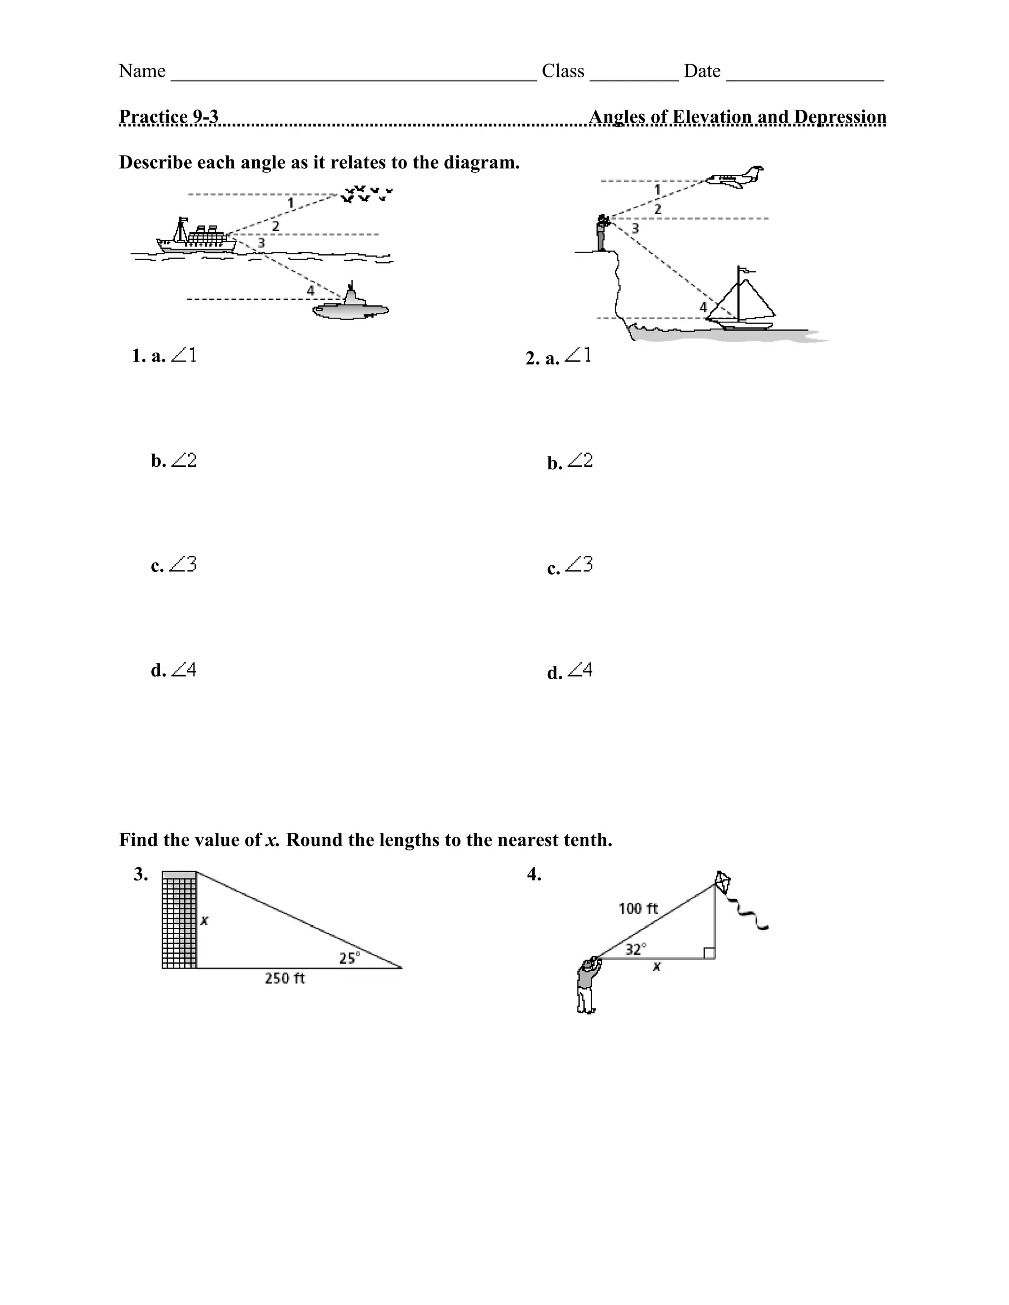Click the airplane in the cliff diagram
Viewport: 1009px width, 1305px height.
pos(734,177)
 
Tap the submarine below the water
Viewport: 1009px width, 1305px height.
pos(351,308)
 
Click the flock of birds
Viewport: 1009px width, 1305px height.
pos(367,194)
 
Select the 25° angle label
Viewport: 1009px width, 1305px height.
pos(350,958)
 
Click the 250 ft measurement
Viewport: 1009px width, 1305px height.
pos(285,978)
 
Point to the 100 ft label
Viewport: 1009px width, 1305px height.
pos(638,909)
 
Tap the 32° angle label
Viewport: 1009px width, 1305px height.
pos(636,949)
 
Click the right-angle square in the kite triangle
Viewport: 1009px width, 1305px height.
pos(709,953)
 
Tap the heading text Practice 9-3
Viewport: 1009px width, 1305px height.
pos(168,117)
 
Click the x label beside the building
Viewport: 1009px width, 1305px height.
pos(204,921)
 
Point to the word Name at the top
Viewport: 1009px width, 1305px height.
pos(142,71)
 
